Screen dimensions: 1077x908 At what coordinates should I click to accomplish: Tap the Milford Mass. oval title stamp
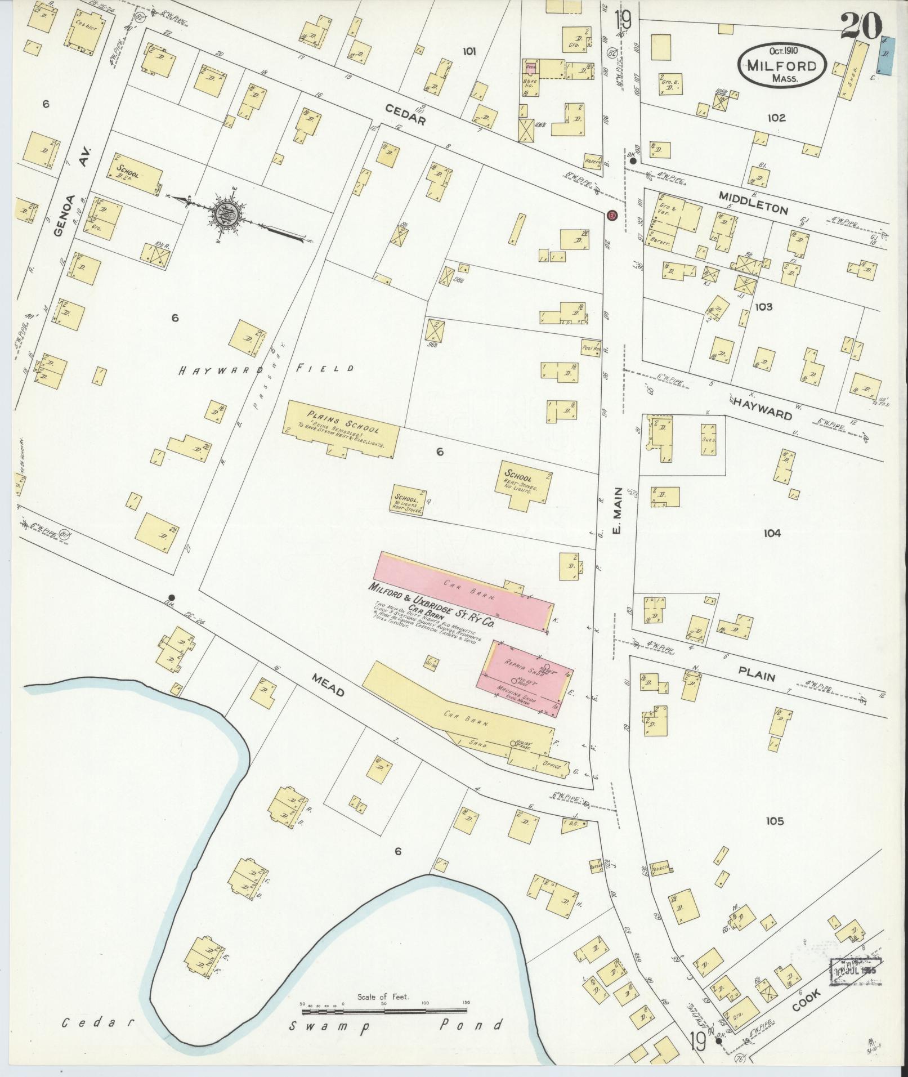click(x=782, y=65)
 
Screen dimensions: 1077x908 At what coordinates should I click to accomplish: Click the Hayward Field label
click(x=266, y=370)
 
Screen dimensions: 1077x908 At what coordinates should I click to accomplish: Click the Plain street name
click(x=757, y=675)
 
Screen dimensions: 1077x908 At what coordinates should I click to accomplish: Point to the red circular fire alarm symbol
click(x=612, y=216)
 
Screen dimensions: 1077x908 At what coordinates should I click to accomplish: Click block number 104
click(x=772, y=533)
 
